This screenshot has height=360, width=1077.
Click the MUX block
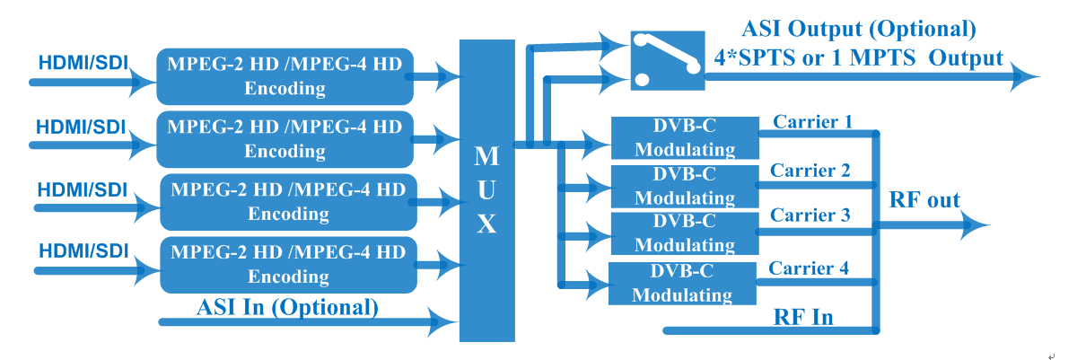point(487,190)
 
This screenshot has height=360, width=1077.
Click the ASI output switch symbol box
point(668,60)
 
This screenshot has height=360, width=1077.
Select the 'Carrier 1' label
point(812,121)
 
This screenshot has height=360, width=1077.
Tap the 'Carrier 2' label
point(810,171)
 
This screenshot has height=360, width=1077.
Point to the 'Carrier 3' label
point(810,215)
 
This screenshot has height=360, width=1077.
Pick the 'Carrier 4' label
point(809,268)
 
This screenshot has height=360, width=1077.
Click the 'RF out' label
point(924,199)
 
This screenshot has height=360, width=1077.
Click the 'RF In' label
point(803,317)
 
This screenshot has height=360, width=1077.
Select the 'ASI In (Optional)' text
point(287,308)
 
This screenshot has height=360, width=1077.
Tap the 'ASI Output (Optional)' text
point(859,29)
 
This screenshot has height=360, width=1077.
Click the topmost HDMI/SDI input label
point(83,63)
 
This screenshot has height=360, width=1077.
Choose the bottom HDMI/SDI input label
point(83,250)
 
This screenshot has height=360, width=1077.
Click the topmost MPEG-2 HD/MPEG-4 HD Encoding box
point(285,76)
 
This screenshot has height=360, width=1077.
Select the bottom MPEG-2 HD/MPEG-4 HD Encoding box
point(288,265)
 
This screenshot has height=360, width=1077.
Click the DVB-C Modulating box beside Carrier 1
point(685,138)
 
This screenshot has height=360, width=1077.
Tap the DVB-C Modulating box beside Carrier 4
point(682,284)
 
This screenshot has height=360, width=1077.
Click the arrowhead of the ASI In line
point(442,322)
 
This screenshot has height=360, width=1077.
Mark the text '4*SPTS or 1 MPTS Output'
point(859,58)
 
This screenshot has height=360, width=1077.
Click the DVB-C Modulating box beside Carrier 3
point(685,233)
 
